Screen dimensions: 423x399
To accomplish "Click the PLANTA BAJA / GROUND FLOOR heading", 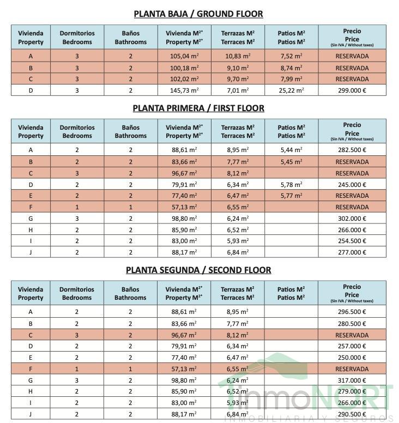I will pos(198,14).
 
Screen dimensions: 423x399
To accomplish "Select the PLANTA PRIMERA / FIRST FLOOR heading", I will pos(198,108).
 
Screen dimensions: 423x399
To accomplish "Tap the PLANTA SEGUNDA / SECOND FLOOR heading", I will pos(198,270).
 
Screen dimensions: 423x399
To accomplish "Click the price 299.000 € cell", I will pos(352,90).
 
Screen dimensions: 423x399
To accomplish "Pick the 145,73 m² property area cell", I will pos(184,90).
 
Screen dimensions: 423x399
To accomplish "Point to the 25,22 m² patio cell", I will pos(292,90).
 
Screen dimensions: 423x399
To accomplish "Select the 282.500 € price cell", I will pos(352,150).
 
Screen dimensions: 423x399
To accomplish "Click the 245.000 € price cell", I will pos(352,184).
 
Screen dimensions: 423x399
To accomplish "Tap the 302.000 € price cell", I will pos(352,219).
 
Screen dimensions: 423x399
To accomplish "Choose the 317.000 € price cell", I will pos(352,380).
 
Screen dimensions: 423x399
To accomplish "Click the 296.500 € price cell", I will pos(352,312).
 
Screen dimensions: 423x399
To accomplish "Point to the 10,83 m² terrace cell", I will pos(238,56).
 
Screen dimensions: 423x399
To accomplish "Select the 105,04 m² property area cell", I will pos(184,56).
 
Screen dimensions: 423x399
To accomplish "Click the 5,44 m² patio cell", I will pos(292,150).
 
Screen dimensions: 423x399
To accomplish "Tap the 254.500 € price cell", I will pos(352,241).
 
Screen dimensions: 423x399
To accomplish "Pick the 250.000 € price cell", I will pos(352,358).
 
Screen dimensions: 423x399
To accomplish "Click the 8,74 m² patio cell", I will pos(292,68).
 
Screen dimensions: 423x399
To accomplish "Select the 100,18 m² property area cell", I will pos(184,68).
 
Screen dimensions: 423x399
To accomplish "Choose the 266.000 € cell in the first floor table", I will pos(352,230).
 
